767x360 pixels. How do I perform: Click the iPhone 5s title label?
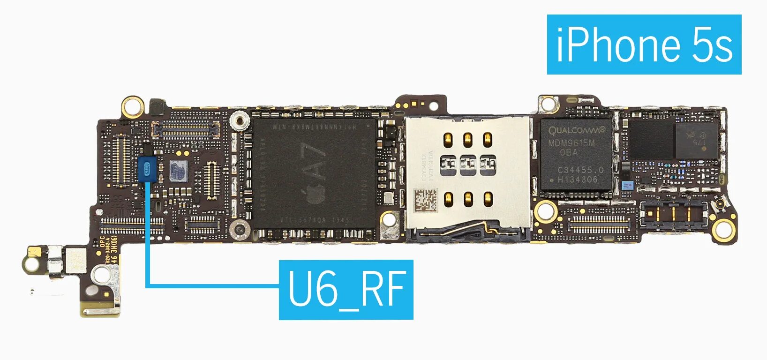pyautogui.click(x=644, y=44)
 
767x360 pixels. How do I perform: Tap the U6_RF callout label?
pyautogui.click(x=346, y=290)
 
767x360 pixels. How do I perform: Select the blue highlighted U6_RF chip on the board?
pyautogui.click(x=147, y=169)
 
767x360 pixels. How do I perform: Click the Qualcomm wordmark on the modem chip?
pyautogui.click(x=577, y=130)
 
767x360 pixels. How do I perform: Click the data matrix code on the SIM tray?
pyautogui.click(x=425, y=200)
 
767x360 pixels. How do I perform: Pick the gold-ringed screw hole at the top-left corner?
pyautogui.click(x=132, y=106)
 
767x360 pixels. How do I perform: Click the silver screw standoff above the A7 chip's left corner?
pyautogui.click(x=239, y=121)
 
